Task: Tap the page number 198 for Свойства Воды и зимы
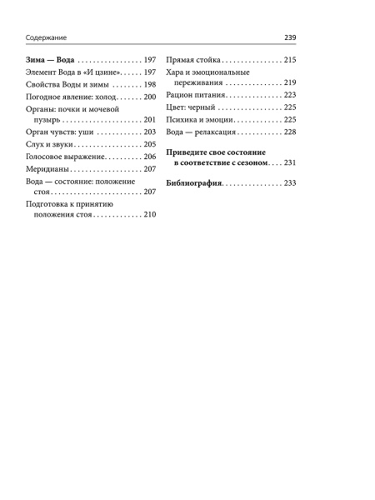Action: coord(150,85)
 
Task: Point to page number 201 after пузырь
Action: coord(150,120)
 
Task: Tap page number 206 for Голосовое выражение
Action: coord(150,157)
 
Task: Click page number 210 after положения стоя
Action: coord(150,216)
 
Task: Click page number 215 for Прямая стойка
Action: coord(291,61)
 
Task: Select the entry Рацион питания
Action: coord(197,97)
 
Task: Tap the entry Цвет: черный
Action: coord(191,108)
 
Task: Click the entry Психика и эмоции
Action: coord(200,120)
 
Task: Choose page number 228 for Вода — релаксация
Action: coord(291,132)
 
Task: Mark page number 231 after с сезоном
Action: coord(291,164)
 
